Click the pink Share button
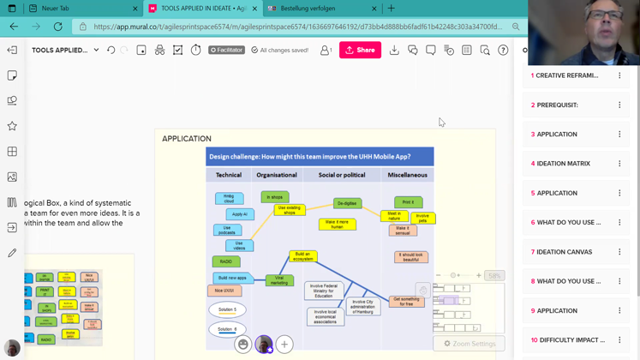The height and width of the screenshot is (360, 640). (x=360, y=51)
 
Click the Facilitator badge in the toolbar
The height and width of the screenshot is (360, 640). (x=226, y=51)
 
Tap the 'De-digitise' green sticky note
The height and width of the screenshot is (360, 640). (x=347, y=204)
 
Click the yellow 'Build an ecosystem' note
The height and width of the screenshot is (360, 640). (x=302, y=255)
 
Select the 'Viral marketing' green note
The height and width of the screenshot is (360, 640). (x=279, y=279)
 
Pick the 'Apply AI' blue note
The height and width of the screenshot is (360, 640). (x=240, y=214)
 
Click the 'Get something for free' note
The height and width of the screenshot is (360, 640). (x=406, y=301)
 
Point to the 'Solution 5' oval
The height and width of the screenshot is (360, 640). (x=227, y=309)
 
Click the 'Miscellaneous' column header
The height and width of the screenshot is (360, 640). (x=407, y=175)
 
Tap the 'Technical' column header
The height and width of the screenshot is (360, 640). (x=229, y=175)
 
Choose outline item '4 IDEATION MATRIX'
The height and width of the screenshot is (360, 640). (x=563, y=164)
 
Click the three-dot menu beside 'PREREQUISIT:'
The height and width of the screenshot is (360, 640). (x=619, y=105)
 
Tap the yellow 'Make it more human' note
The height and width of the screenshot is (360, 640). (x=338, y=224)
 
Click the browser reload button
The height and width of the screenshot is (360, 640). (x=58, y=27)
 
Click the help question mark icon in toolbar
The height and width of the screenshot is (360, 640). (x=503, y=51)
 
